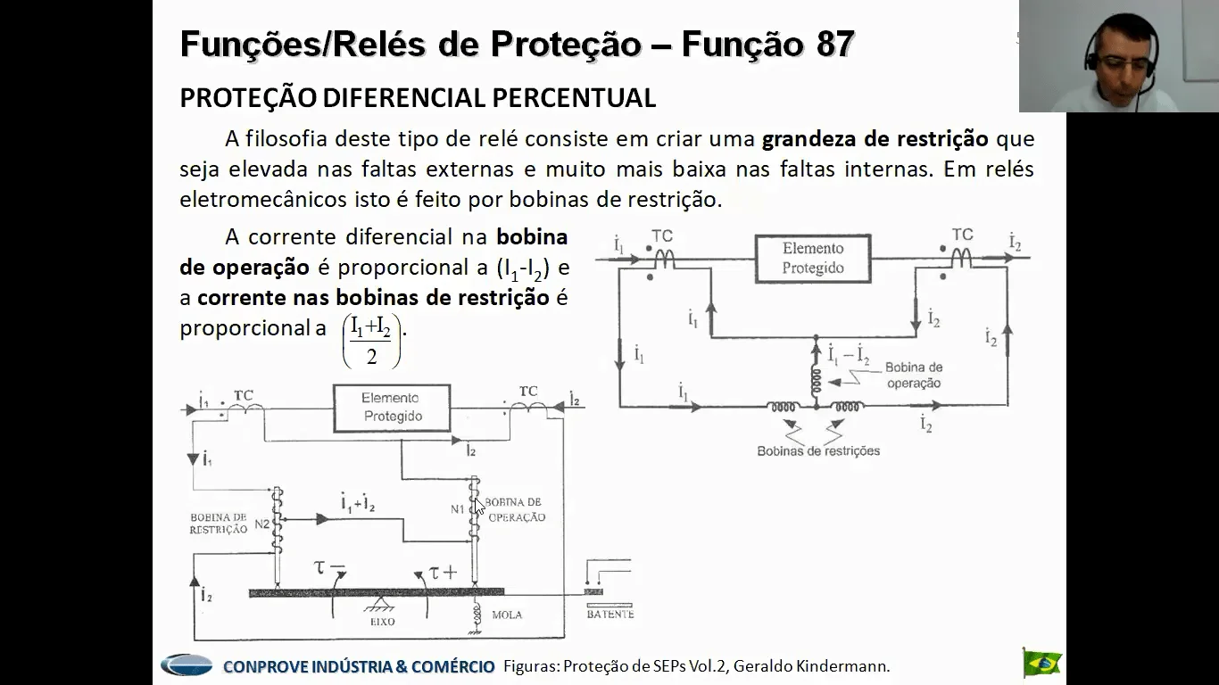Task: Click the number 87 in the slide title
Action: click(x=834, y=44)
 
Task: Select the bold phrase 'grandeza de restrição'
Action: click(x=875, y=139)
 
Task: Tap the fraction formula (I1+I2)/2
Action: click(x=371, y=341)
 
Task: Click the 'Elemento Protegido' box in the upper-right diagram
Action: click(x=813, y=259)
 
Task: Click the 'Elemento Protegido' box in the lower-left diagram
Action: click(x=392, y=408)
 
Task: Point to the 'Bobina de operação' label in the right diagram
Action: click(x=914, y=375)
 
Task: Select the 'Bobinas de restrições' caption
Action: click(x=818, y=450)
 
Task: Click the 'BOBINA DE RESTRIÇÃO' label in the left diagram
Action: click(x=219, y=523)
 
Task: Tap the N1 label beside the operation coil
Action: click(x=457, y=509)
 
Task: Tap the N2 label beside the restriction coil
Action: click(x=261, y=524)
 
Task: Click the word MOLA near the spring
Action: click(x=507, y=615)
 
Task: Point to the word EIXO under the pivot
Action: click(x=382, y=622)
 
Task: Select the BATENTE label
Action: click(x=610, y=615)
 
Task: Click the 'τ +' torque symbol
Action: click(x=443, y=573)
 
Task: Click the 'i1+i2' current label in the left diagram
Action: click(x=358, y=502)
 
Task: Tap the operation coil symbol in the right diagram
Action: click(x=816, y=382)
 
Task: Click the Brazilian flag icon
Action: click(x=1042, y=663)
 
